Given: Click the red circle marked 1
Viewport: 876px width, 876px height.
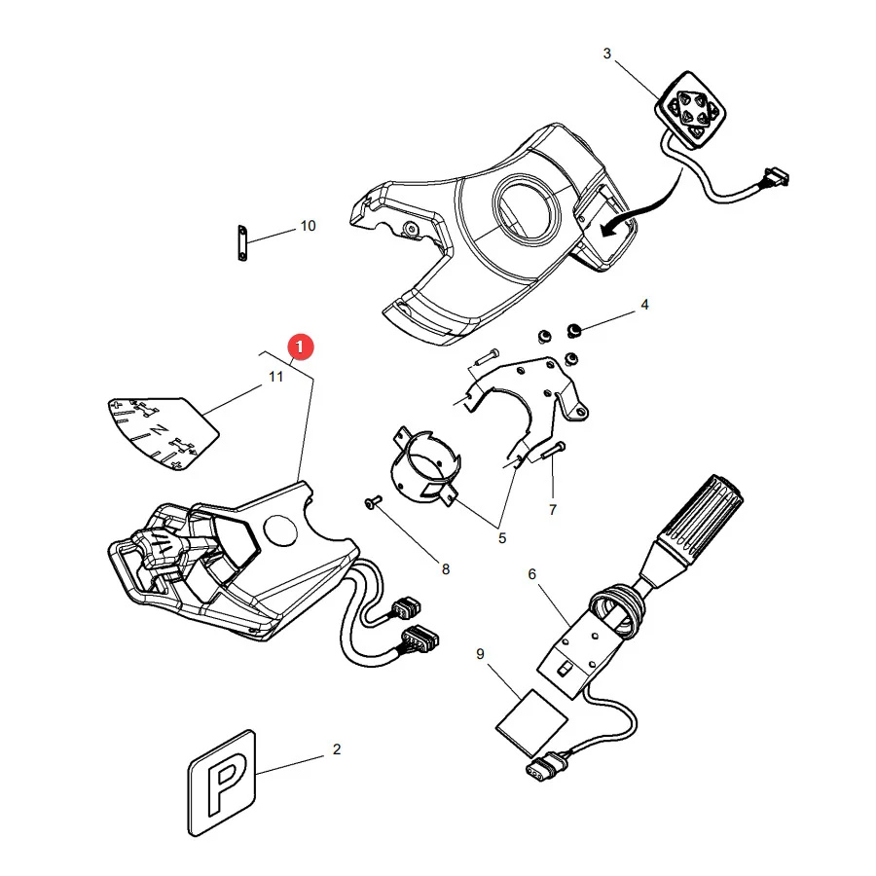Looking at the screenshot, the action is point(300,347).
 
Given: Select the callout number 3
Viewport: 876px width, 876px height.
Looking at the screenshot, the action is point(607,54).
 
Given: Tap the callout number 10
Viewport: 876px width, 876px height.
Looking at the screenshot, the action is point(308,226).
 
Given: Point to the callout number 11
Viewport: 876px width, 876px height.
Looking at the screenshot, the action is point(276,377).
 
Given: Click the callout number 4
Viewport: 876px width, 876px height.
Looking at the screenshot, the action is point(644,305).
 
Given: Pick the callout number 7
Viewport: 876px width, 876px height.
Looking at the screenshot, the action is point(553,509).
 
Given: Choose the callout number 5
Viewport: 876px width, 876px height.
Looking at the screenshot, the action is point(502,538).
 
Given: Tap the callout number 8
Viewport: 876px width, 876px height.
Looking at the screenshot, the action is point(445,569).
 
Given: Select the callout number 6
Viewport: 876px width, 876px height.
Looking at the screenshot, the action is point(531,573).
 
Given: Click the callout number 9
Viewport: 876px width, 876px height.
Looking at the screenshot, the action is point(480,654).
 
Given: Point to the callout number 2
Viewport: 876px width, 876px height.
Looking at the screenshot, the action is point(337,749).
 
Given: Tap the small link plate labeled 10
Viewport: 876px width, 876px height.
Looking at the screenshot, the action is point(242,243).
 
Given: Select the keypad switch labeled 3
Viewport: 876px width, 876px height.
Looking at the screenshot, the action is point(690,110).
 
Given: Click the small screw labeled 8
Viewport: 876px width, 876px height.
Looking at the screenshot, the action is point(373,501).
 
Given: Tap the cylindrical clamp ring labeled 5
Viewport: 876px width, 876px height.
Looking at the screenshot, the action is point(425,465).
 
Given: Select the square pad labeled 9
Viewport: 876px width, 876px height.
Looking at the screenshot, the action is point(531,723).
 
